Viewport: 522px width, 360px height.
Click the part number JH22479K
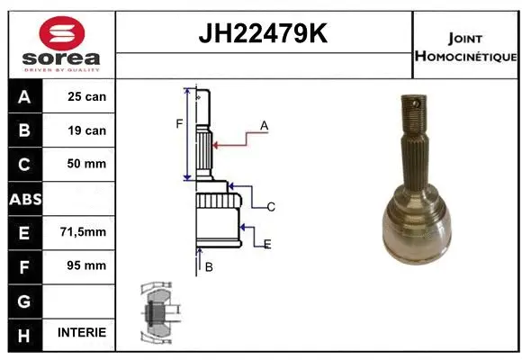(x=262, y=34)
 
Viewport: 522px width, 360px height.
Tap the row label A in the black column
(x=24, y=96)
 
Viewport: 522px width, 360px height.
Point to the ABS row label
(x=24, y=198)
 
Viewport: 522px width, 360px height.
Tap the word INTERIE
(x=81, y=332)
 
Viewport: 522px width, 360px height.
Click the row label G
(x=24, y=299)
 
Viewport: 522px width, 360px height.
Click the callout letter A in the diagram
(x=265, y=126)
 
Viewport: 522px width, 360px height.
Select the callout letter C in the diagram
(x=270, y=207)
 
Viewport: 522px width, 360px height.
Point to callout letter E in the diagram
(x=267, y=244)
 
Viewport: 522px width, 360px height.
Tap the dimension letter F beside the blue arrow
(x=179, y=124)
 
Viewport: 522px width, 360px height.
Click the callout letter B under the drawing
(x=208, y=267)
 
